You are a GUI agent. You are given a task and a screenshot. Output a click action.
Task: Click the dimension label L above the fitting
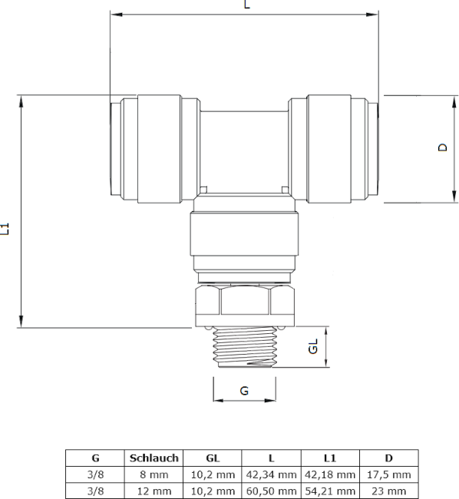[x=247, y=4]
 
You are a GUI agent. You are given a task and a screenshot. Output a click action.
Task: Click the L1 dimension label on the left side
[x=5, y=229]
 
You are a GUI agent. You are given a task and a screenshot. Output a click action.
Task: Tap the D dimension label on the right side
[x=442, y=147]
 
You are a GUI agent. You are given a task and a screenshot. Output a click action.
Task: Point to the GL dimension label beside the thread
[x=313, y=346]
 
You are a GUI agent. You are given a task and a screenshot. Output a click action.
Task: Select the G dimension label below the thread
[x=244, y=391]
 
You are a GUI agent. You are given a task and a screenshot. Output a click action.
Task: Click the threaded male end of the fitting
[x=244, y=347]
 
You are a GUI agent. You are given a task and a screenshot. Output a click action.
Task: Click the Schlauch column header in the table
[x=154, y=458]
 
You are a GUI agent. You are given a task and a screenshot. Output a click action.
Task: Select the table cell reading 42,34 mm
[x=271, y=474]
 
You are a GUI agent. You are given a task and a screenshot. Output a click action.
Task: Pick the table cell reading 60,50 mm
[x=271, y=491]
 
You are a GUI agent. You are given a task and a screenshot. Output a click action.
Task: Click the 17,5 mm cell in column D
[x=389, y=474]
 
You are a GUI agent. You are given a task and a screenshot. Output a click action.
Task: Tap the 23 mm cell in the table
[x=389, y=491]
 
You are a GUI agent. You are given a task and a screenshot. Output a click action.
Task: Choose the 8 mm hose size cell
[x=154, y=474]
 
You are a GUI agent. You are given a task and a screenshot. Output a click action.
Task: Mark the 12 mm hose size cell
[x=154, y=491]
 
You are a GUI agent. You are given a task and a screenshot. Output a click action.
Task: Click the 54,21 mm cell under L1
[x=330, y=491]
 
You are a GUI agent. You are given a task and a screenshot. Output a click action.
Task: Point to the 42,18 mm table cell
[x=330, y=474]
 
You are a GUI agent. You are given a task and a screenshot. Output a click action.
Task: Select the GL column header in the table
[x=213, y=458]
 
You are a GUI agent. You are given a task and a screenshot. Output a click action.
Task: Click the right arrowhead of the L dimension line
[x=372, y=15]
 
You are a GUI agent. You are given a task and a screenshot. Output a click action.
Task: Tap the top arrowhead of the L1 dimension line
[x=21, y=102]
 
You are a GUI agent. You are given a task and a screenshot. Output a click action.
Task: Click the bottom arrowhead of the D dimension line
[x=454, y=197]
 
